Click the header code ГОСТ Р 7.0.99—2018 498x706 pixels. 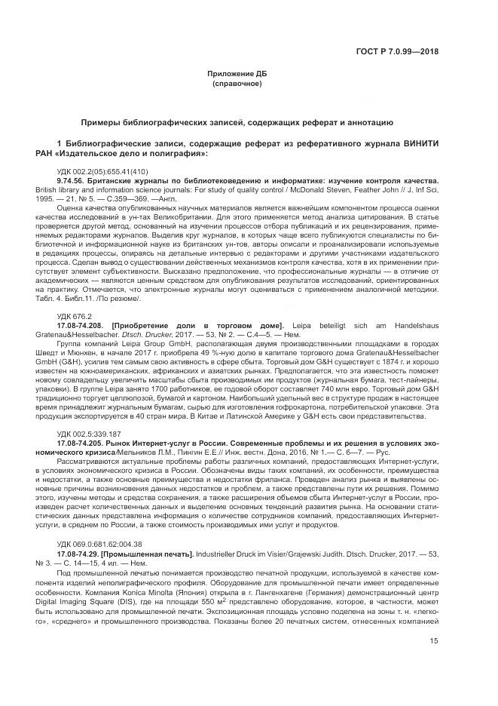pos(396,53)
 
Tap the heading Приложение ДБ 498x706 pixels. pos(237,74)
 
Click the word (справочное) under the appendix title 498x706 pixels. pos(237,83)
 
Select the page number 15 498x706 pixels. pos(433,661)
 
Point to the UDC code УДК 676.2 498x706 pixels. pos(74,316)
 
